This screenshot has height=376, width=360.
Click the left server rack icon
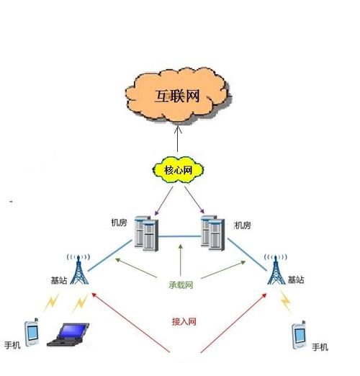pyautogui.click(x=148, y=232)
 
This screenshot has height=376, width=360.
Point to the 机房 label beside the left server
pyautogui.click(x=120, y=225)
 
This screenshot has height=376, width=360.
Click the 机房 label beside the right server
pyautogui.click(x=243, y=225)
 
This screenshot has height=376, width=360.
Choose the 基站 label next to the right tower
pyautogui.click(x=296, y=279)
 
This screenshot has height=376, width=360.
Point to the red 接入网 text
pyautogui.click(x=184, y=321)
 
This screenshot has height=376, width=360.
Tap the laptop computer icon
pyautogui.click(x=68, y=336)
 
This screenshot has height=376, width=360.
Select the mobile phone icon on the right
pyautogui.click(x=299, y=335)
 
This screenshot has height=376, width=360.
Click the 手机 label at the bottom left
pyautogui.click(x=13, y=344)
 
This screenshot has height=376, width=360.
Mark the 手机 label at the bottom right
pyautogui.click(x=320, y=347)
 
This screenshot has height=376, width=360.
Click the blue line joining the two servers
pyautogui.click(x=180, y=236)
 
